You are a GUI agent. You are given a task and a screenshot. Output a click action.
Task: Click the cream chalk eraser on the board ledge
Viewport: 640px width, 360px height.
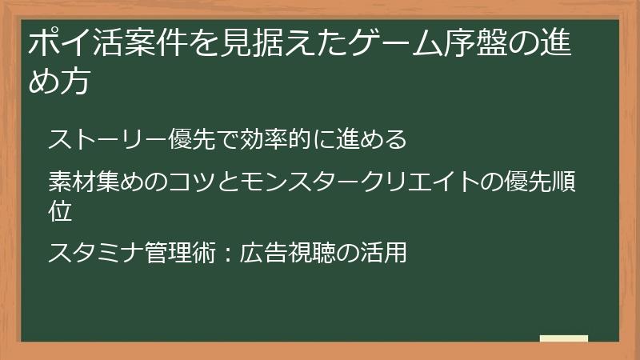[563, 339]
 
